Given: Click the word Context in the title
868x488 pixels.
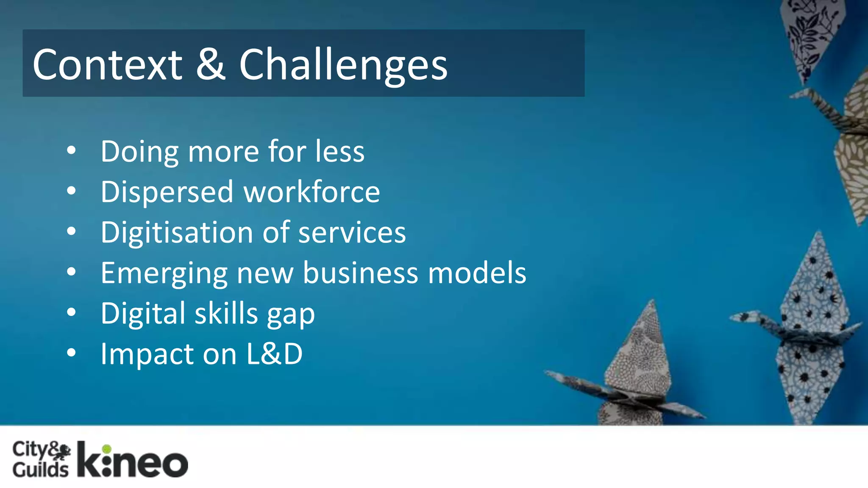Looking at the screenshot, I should [107, 64].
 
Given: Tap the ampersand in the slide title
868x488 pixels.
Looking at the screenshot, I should [211, 64].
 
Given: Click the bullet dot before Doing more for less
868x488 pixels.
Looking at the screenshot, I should [71, 150].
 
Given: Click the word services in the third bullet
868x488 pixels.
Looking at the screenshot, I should [352, 233].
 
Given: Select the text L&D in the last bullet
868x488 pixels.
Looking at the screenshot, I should [275, 354].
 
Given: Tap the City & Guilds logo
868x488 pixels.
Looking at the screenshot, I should [41, 459].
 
